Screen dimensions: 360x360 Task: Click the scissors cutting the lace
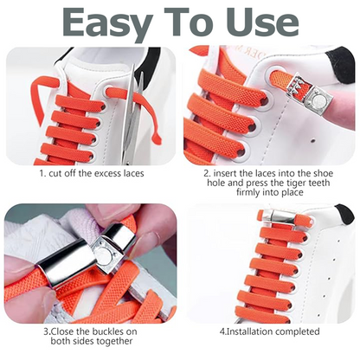click(x=132, y=117)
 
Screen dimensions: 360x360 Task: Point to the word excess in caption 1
click(x=112, y=173)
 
